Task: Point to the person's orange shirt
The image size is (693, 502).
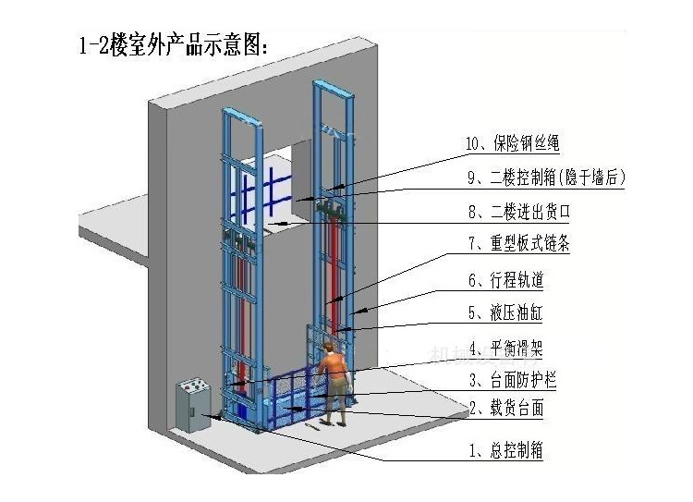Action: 337,371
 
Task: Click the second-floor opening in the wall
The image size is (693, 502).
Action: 282,185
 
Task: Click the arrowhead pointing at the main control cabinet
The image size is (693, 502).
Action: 214,417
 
